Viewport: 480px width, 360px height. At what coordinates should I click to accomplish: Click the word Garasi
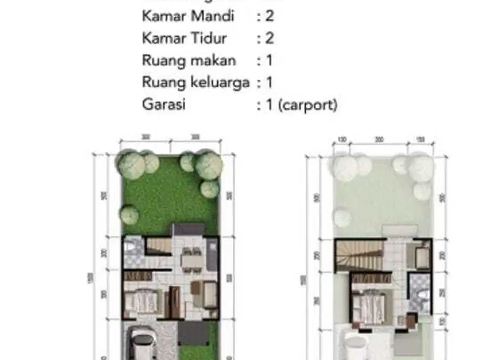coord(164,105)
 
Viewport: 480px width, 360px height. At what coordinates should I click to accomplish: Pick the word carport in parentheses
coord(307,105)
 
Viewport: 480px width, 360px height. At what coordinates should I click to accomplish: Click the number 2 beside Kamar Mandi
coord(269,16)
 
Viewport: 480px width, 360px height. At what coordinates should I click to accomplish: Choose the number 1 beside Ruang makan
coord(269,60)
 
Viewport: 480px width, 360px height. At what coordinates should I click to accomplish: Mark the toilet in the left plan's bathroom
coord(130,248)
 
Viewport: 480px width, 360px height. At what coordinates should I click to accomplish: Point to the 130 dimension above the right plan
coord(342,140)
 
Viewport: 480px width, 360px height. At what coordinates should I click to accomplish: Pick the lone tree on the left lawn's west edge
coord(130,214)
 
